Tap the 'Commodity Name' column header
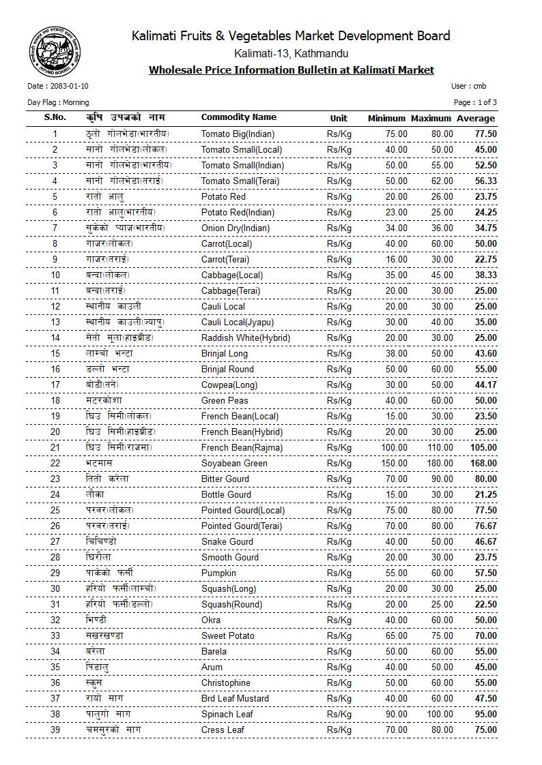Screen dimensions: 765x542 [238, 117]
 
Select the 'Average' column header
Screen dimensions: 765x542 [476, 118]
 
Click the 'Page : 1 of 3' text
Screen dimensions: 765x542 [475, 102]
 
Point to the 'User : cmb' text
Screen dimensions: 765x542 [469, 87]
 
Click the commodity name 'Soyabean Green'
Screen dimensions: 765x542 [234, 463]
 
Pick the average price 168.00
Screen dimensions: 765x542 [483, 463]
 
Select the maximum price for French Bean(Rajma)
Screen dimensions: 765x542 [438, 447]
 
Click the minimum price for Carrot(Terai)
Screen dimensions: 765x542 [397, 259]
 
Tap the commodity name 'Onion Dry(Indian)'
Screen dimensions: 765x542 [236, 228]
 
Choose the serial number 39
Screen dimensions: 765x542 [55, 730]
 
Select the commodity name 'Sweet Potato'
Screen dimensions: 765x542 [227, 635]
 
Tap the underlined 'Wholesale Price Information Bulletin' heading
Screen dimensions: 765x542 [291, 70]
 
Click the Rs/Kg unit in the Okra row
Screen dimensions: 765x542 [339, 620]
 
